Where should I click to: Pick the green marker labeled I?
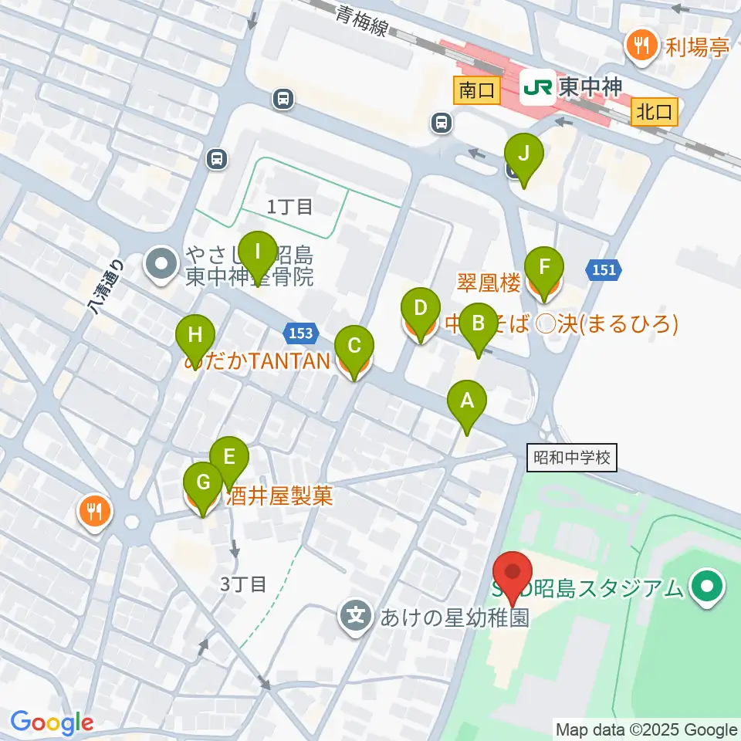click(x=257, y=252)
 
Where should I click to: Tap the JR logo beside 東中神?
click(x=537, y=87)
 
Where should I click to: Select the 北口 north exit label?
click(x=655, y=113)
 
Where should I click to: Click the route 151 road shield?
click(x=604, y=269)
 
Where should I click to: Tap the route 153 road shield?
click(x=302, y=333)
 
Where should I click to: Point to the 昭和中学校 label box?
click(x=573, y=458)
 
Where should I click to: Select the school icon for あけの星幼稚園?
click(x=356, y=617)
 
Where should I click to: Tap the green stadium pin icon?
click(x=706, y=587)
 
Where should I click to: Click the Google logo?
click(x=51, y=722)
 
